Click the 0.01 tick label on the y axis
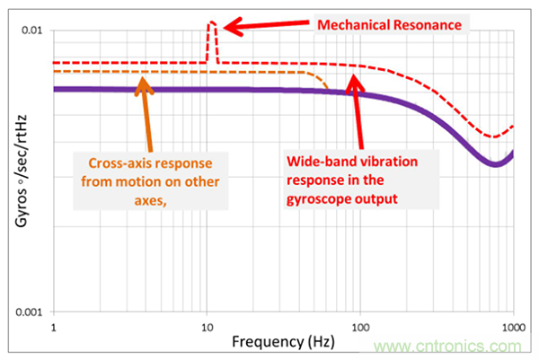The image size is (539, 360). (x=33, y=31)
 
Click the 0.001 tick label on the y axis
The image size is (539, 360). (x=31, y=312)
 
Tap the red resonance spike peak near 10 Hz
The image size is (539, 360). (x=212, y=22)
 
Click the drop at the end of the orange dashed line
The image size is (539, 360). (x=324, y=82)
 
